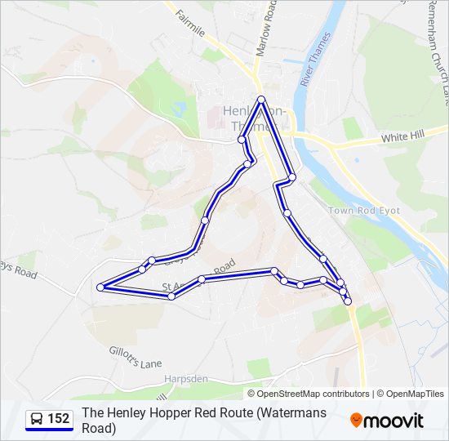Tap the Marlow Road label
[x=265, y=29]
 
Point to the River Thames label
[x=316, y=59]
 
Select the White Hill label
[x=403, y=136]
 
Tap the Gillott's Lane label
[x=135, y=357]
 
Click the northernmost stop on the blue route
[x=261, y=100]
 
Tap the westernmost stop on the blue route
[x=100, y=287]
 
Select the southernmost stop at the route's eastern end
[x=348, y=301]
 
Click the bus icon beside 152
[x=37, y=419]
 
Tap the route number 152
[x=59, y=419]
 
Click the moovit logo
[x=387, y=421]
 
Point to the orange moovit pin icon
[x=357, y=421]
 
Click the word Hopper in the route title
[x=170, y=412]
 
